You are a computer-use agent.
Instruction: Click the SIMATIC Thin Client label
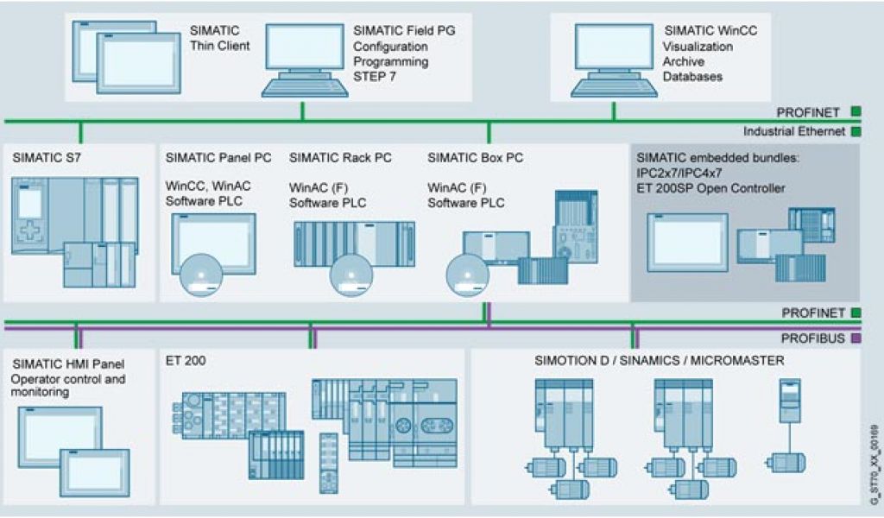coord(219,38)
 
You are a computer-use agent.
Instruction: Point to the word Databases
coord(692,78)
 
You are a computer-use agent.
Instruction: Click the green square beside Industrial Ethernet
coord(855,132)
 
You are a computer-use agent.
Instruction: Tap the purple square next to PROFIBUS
coord(855,339)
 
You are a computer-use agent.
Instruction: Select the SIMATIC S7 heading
coord(47,158)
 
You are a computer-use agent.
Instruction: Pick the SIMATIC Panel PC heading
coord(218,158)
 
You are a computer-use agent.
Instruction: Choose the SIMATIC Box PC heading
coord(476,158)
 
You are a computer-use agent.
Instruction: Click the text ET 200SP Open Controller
coord(710,188)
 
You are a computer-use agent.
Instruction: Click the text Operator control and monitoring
coord(67,385)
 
